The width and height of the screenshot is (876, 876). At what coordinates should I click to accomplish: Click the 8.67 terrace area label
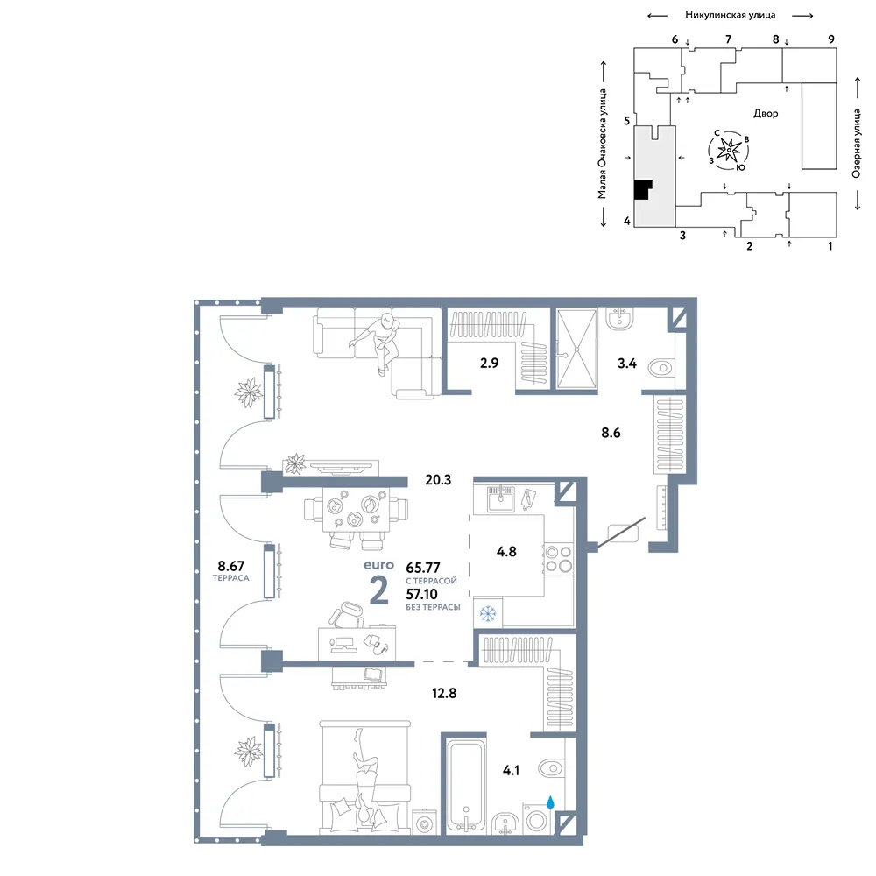click(230, 566)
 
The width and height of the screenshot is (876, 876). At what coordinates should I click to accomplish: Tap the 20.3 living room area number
click(438, 480)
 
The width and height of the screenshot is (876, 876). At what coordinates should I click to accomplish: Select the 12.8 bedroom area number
click(444, 693)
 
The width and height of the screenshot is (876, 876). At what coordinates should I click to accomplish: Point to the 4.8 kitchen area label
click(506, 552)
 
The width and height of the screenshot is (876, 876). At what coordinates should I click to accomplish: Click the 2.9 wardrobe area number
click(490, 364)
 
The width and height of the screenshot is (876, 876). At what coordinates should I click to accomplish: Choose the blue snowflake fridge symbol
click(488, 614)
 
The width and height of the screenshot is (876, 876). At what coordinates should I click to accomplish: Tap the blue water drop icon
click(550, 802)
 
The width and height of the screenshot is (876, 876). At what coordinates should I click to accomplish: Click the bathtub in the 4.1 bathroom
click(465, 786)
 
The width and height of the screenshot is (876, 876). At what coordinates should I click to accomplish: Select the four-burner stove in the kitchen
click(558, 559)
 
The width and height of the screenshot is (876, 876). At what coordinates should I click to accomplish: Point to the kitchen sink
click(500, 498)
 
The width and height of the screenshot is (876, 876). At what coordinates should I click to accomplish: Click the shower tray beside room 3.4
click(577, 350)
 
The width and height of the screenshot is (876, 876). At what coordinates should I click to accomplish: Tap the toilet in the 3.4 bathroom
click(661, 368)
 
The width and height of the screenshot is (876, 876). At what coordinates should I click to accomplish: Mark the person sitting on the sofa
click(378, 341)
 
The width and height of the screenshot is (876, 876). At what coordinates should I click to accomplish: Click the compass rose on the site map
click(729, 150)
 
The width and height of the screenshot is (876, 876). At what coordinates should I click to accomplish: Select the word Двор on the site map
click(766, 113)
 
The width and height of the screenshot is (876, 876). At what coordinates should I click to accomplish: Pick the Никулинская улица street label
click(731, 15)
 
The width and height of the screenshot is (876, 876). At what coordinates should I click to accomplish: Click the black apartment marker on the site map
click(643, 189)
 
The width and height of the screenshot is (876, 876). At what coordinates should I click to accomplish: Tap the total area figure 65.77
click(423, 568)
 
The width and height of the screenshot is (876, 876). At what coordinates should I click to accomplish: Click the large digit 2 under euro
click(379, 590)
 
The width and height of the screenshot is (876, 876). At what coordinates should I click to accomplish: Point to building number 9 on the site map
click(831, 39)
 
